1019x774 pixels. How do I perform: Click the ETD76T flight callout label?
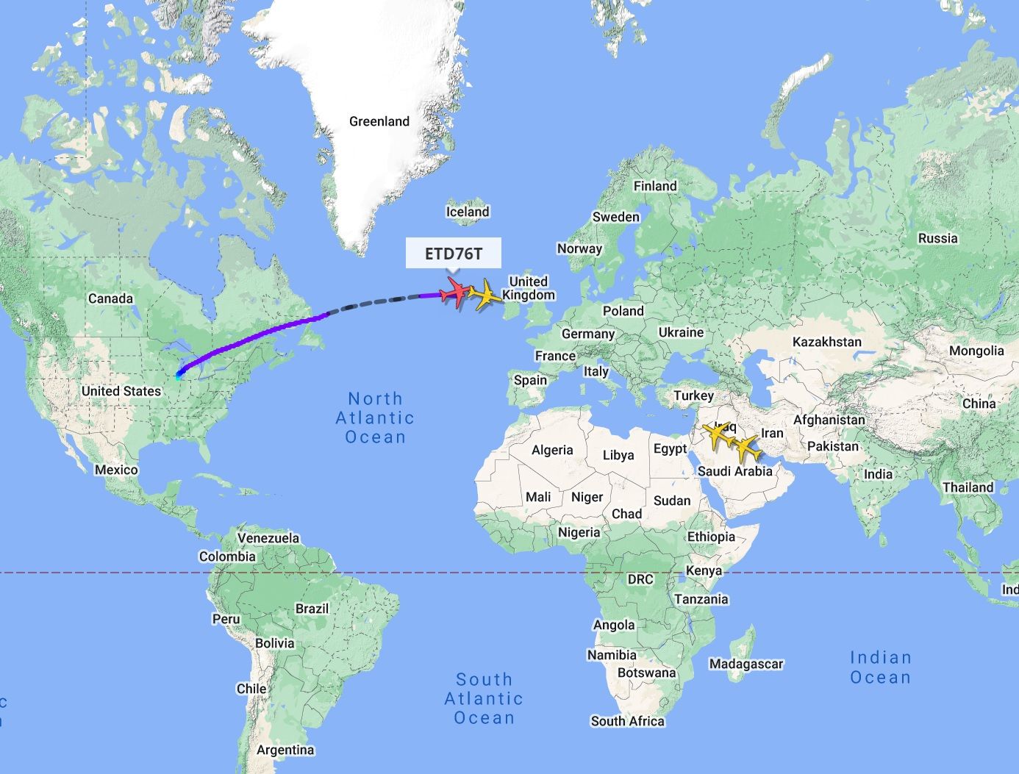454,254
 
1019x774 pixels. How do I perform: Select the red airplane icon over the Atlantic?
455,293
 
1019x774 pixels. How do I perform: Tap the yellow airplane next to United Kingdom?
485,295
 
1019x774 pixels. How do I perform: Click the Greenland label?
379,121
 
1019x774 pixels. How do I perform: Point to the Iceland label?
468,212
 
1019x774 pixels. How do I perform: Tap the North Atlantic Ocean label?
375,418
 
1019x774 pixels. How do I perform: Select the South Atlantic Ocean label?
484,698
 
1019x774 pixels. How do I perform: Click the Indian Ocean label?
880,667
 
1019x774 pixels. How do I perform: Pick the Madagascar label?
746,664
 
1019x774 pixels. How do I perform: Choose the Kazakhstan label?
826,342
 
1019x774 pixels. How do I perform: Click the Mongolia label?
976,351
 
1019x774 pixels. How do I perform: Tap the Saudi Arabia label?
734,471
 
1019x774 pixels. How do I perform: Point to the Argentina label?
285,750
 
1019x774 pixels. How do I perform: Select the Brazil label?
312,609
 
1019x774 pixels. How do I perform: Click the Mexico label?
116,470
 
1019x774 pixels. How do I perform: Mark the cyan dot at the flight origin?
179,375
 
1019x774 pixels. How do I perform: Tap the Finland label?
655,186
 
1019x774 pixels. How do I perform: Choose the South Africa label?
628,721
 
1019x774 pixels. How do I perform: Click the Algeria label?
552,450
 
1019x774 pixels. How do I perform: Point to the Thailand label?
968,487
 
